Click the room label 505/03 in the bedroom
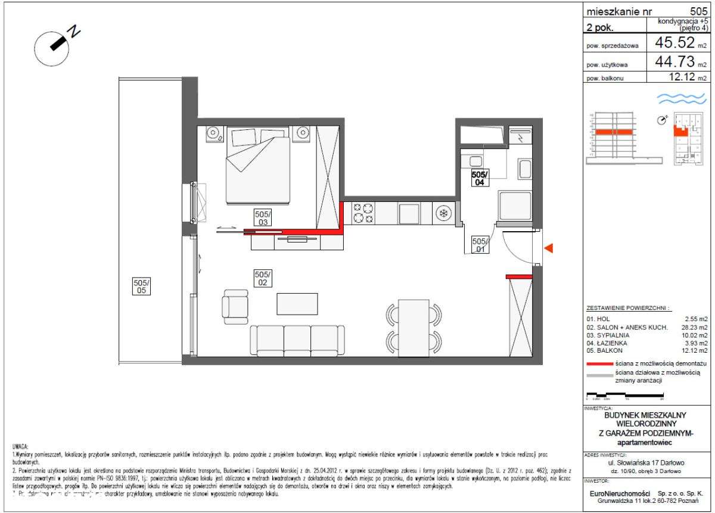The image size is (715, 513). pyautogui.click(x=262, y=217)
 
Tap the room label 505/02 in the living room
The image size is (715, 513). pyautogui.click(x=263, y=278)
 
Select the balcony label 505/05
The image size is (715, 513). pyautogui.click(x=141, y=287)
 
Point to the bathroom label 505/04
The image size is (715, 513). pyautogui.click(x=480, y=178)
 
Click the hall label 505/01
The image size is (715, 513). pyautogui.click(x=480, y=245)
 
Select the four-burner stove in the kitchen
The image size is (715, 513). pyautogui.click(x=363, y=213)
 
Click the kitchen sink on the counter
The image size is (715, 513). pyautogui.click(x=409, y=213)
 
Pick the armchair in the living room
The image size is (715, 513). pyautogui.click(x=235, y=304)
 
